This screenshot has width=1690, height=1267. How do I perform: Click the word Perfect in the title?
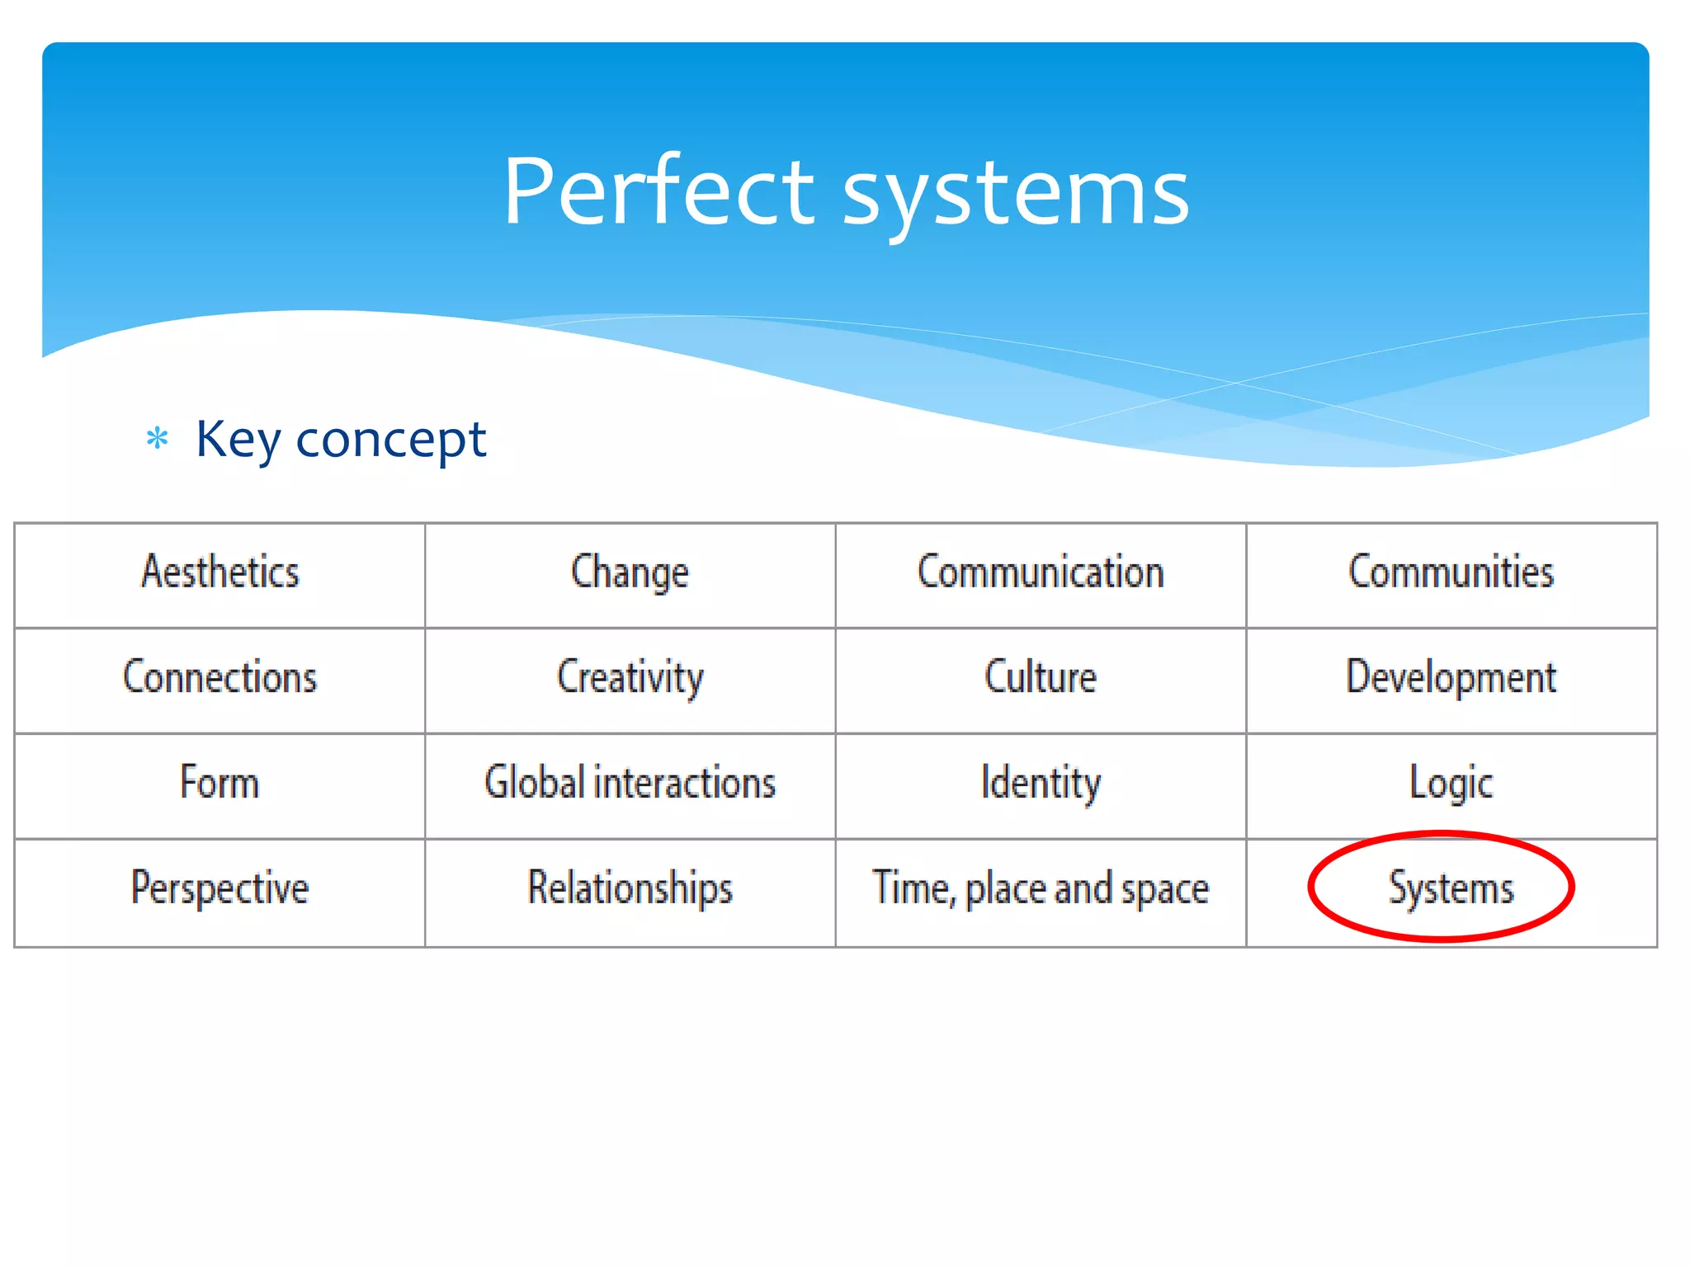659,191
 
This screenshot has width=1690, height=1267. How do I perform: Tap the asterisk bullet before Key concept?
157,438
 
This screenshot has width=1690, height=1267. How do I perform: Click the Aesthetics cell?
220,572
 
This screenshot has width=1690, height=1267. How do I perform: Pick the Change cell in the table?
630,572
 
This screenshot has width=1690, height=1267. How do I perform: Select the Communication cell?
1041,572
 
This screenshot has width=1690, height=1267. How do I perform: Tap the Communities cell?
1451,572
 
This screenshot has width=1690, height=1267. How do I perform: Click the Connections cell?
220,677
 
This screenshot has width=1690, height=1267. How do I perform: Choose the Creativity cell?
630,677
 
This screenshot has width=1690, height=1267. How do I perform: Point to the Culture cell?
1041,677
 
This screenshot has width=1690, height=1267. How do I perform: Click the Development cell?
1451,677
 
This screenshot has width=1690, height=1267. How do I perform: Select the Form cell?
220,783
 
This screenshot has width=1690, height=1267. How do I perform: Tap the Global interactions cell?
630,783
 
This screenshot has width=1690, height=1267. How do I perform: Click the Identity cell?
1041,783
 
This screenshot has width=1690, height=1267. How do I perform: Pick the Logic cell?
1451,783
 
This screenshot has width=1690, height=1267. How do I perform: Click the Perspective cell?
220,888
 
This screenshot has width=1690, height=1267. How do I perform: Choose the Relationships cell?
630,888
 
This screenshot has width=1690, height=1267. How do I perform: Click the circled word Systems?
1451,888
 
